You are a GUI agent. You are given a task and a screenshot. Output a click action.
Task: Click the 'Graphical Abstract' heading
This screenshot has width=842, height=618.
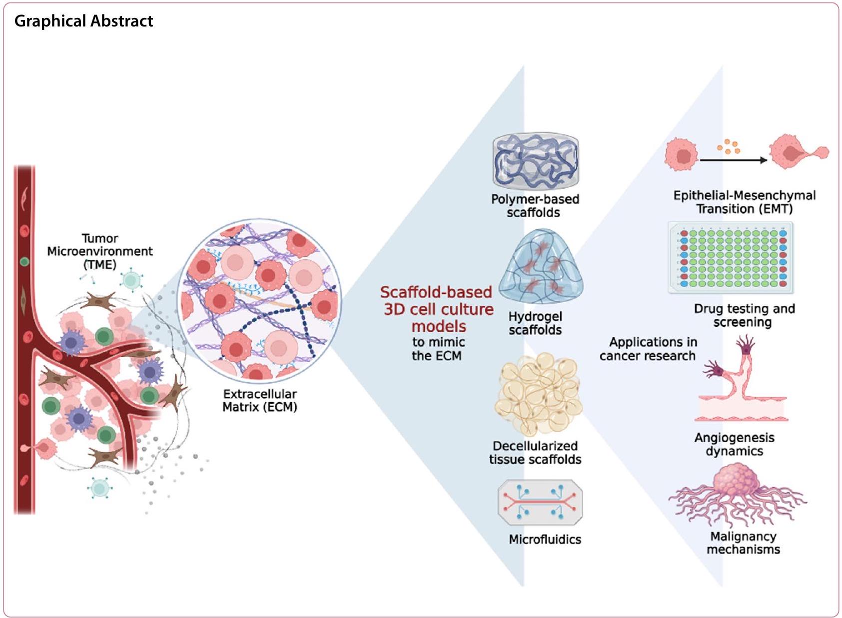(83, 21)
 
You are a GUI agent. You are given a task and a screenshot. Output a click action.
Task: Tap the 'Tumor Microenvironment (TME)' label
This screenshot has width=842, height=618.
(100, 251)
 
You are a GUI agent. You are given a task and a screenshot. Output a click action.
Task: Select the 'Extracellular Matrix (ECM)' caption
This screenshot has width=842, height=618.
(259, 400)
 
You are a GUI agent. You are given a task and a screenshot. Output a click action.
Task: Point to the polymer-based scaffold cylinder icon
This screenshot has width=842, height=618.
(535, 161)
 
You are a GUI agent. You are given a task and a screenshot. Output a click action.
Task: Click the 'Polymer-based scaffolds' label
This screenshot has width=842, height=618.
(535, 205)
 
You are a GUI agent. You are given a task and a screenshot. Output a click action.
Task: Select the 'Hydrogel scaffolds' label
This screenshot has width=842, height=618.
(535, 323)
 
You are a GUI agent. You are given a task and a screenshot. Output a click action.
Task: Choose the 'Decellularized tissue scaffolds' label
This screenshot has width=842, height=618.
(535, 453)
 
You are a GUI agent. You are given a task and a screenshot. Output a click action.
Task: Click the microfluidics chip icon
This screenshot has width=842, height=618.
(540, 502)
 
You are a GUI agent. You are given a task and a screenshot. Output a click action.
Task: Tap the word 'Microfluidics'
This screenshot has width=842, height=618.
(545, 540)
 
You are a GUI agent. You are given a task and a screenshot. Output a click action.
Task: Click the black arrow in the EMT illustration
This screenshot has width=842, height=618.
(733, 160)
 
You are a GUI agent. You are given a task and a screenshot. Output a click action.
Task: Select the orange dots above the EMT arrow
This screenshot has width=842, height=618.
(729, 146)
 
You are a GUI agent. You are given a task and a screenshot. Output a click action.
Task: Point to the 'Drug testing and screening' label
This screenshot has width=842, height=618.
(744, 315)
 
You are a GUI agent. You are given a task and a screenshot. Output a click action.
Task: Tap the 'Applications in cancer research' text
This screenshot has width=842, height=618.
(648, 349)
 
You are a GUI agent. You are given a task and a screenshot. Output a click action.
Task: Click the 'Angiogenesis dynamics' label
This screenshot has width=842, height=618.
(734, 444)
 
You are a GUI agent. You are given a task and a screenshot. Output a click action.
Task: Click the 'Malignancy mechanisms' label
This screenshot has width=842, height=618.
(743, 543)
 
